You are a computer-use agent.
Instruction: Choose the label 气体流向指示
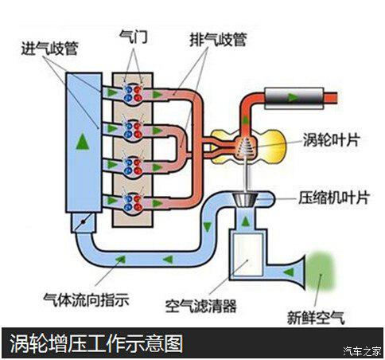(x=86, y=300)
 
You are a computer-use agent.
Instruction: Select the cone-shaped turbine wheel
(x=247, y=147)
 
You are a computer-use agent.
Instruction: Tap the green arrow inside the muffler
(x=293, y=97)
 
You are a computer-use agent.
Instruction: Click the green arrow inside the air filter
(x=249, y=247)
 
